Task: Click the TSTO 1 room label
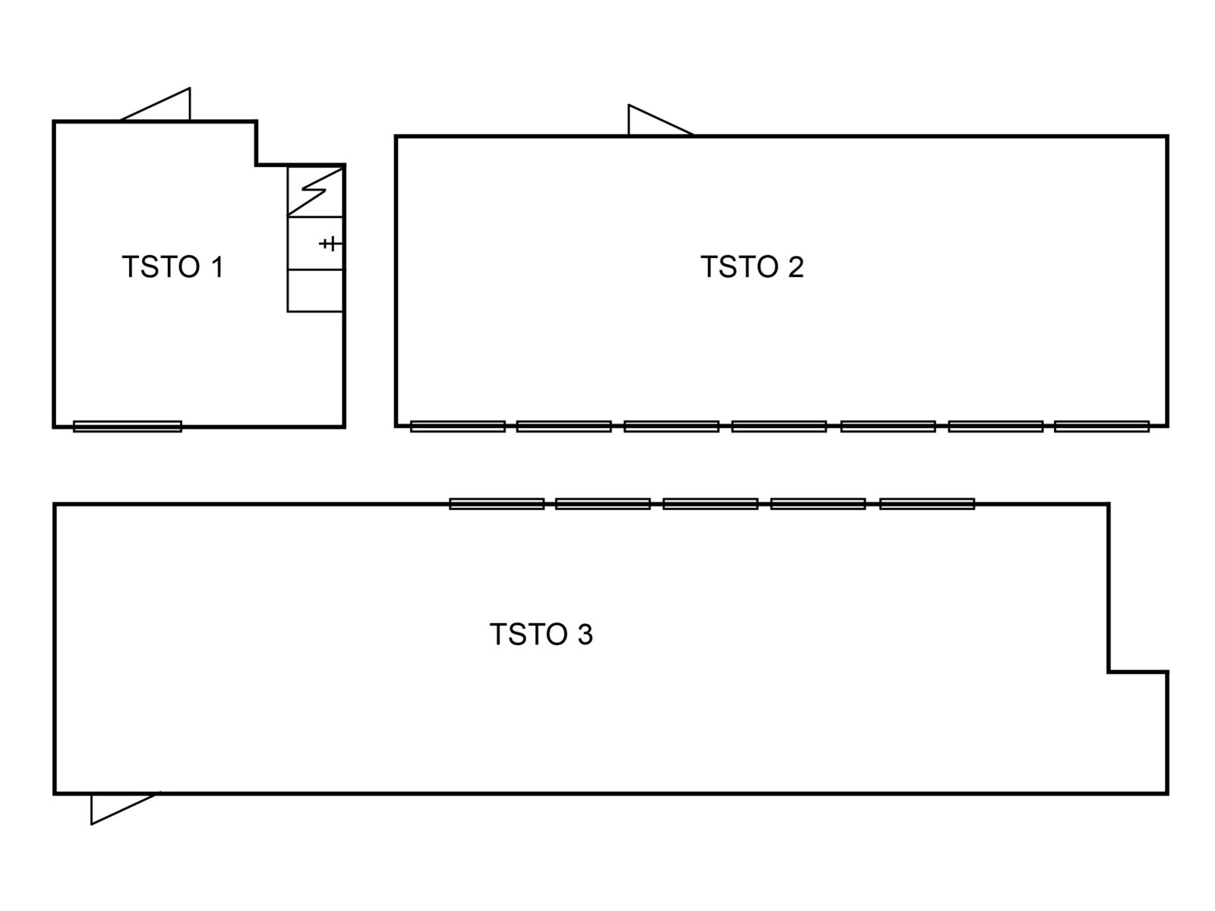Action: click(x=172, y=266)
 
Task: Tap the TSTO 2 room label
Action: click(x=752, y=266)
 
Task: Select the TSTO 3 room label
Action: click(x=541, y=634)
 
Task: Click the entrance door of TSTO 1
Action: click(x=156, y=104)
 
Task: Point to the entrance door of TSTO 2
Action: click(x=661, y=119)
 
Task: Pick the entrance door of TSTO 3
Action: click(x=125, y=808)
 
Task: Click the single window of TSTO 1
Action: click(x=128, y=427)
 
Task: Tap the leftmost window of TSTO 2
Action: click(x=458, y=427)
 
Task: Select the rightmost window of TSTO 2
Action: click(x=1102, y=427)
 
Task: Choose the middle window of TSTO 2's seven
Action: click(x=779, y=427)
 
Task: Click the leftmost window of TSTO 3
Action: click(x=497, y=504)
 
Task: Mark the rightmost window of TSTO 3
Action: click(x=926, y=504)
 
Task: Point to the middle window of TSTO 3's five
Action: click(x=710, y=504)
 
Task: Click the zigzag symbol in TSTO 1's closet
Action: click(x=315, y=191)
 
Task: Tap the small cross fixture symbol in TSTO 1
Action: click(x=330, y=244)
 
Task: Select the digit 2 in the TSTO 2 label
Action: click(x=795, y=266)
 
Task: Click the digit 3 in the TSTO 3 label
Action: click(x=585, y=634)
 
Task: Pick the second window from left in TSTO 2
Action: click(x=564, y=427)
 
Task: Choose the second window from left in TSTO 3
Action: click(x=603, y=504)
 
